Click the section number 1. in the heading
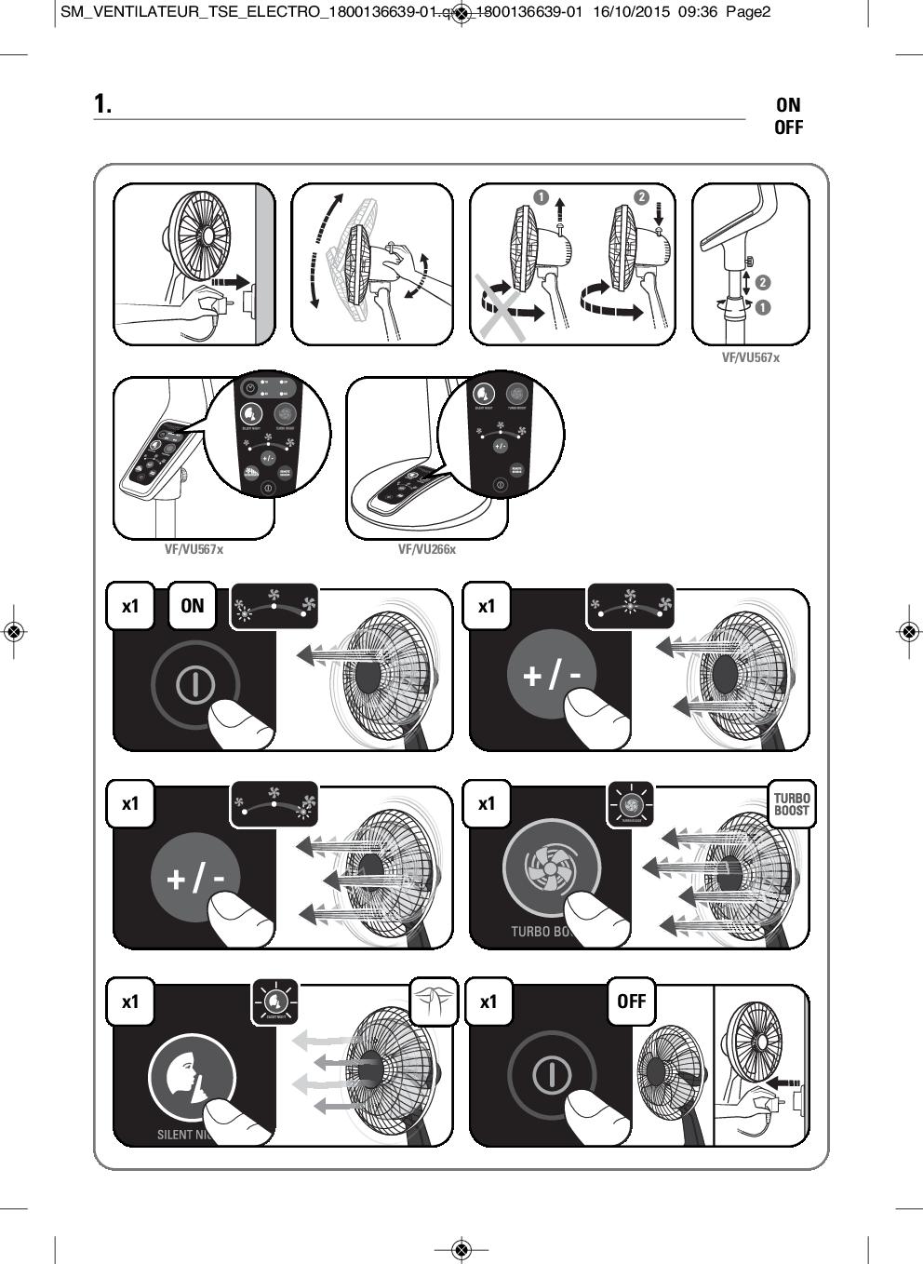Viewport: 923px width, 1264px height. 102,104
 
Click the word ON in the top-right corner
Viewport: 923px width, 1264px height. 787,105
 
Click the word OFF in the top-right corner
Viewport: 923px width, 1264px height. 788,128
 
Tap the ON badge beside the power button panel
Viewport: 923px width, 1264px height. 192,606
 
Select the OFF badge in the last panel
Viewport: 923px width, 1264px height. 631,1002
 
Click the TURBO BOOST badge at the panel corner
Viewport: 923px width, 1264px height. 792,804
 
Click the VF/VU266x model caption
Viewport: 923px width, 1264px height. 427,549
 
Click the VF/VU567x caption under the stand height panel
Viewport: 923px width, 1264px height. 751,357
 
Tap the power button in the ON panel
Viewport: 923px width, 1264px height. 194,685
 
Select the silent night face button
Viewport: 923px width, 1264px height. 191,1077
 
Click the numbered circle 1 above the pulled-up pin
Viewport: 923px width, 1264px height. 542,196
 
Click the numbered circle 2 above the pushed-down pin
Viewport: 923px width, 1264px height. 641,196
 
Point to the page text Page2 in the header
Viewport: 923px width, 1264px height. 748,12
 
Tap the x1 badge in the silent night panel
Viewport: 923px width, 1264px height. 130,1002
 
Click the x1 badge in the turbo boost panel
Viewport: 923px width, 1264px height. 487,803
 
